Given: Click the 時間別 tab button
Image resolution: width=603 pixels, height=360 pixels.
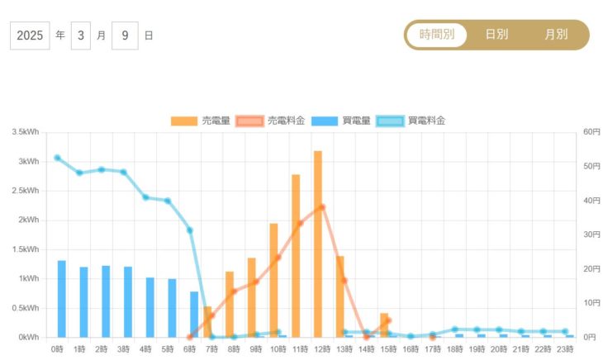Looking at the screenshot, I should click(x=436, y=35).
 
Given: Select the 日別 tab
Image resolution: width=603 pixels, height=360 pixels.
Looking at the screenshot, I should click(x=496, y=35).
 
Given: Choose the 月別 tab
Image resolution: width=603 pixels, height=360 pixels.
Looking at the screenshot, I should click(x=556, y=35).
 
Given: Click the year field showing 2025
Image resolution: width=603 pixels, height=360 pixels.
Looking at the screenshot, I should click(x=30, y=36).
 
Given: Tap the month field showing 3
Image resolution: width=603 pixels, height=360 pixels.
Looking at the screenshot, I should click(x=81, y=36).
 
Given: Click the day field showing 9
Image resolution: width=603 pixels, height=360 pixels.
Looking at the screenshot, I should click(x=125, y=36).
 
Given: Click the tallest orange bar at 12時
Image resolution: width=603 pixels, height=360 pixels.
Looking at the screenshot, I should click(x=317, y=244).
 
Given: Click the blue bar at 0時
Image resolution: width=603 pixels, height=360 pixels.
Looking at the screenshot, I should click(x=62, y=299).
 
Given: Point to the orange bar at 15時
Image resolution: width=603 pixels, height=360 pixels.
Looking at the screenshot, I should click(x=384, y=325).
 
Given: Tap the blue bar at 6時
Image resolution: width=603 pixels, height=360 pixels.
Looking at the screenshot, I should click(x=194, y=315).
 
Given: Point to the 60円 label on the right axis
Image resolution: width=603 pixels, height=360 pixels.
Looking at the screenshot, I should click(x=590, y=132).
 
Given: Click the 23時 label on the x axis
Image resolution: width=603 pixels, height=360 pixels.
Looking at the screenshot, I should click(x=564, y=349).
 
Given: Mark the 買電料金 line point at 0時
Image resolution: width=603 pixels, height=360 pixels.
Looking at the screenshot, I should click(x=57, y=158).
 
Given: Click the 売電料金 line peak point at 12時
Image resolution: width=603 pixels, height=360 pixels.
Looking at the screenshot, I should click(x=322, y=207).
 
